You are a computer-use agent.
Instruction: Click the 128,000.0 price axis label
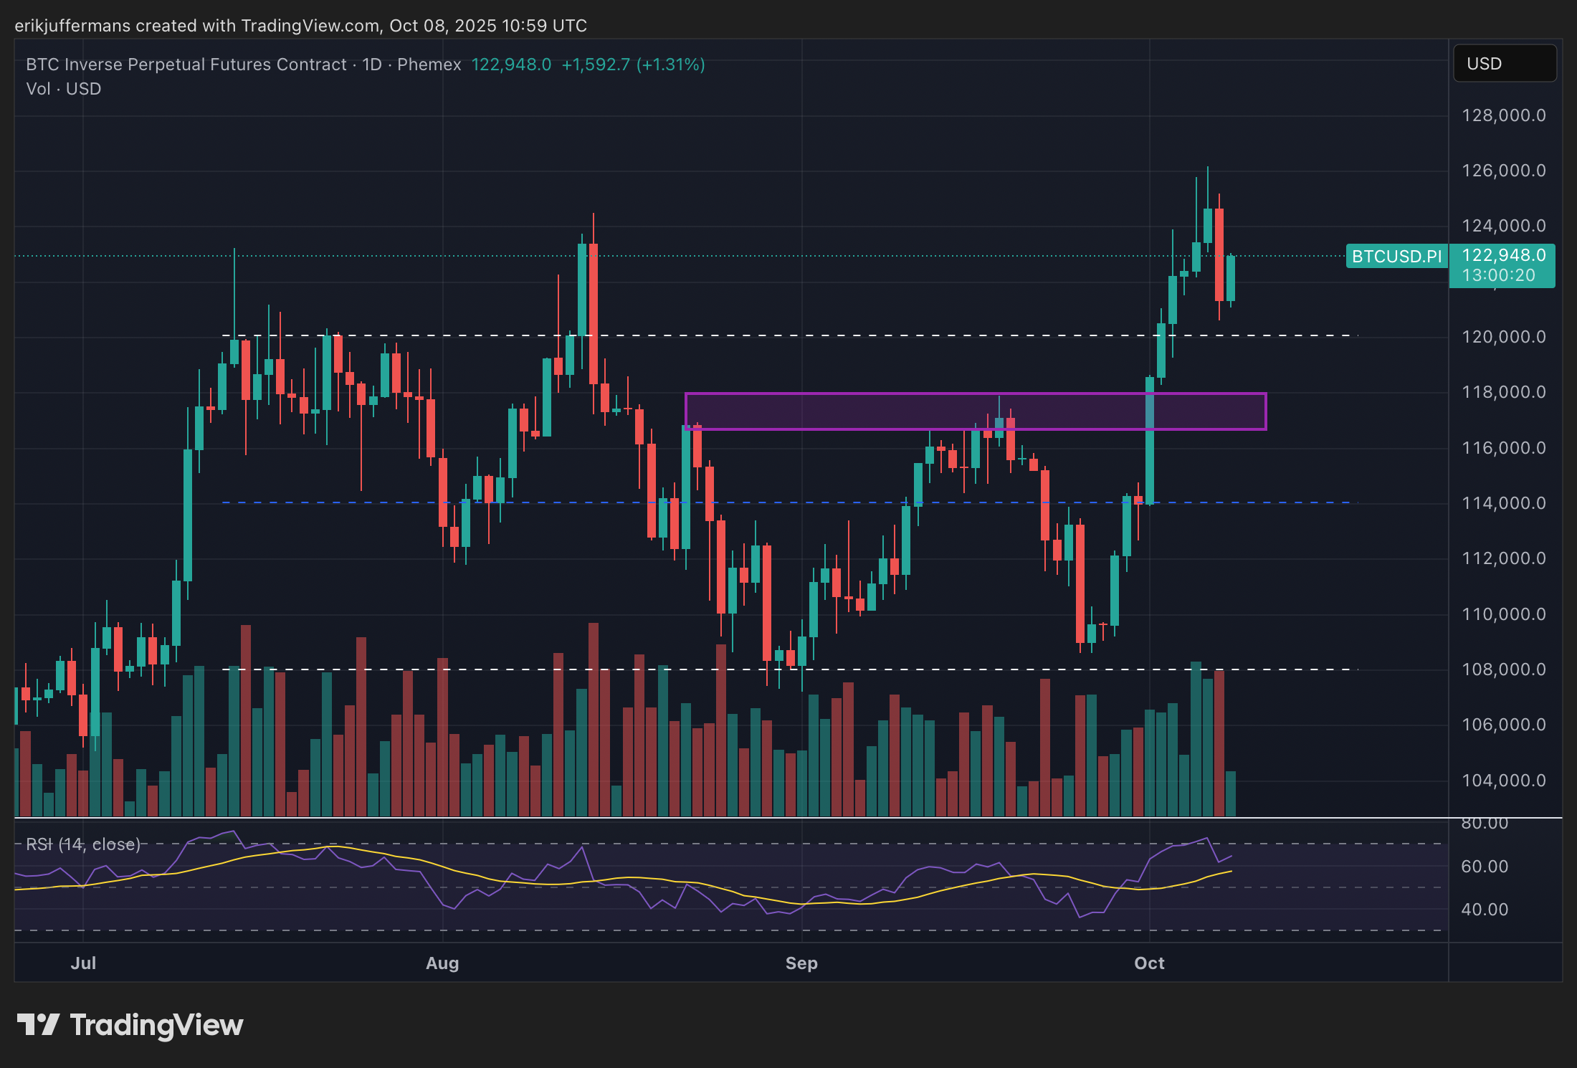[x=1503, y=115]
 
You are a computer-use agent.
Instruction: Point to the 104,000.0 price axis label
[x=1503, y=780]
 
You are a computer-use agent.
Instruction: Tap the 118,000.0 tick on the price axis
[x=1503, y=392]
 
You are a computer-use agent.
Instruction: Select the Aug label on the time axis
[x=442, y=963]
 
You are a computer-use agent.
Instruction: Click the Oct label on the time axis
[x=1149, y=963]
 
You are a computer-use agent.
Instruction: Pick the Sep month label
[x=801, y=963]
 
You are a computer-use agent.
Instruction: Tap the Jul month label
[x=83, y=963]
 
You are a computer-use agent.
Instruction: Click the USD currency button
[x=1504, y=64]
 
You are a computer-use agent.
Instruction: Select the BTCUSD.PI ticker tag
[x=1396, y=256]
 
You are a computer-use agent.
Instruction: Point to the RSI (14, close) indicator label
[x=83, y=844]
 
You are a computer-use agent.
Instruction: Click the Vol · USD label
[x=64, y=89]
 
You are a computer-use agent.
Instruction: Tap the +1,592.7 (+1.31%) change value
[x=633, y=65]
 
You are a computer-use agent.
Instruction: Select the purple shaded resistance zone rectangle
[x=975, y=411]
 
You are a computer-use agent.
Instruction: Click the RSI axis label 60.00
[x=1485, y=867]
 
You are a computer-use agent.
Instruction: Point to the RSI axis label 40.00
[x=1485, y=910]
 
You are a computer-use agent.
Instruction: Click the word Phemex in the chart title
[x=429, y=65]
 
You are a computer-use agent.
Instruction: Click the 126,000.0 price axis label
[x=1503, y=171]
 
